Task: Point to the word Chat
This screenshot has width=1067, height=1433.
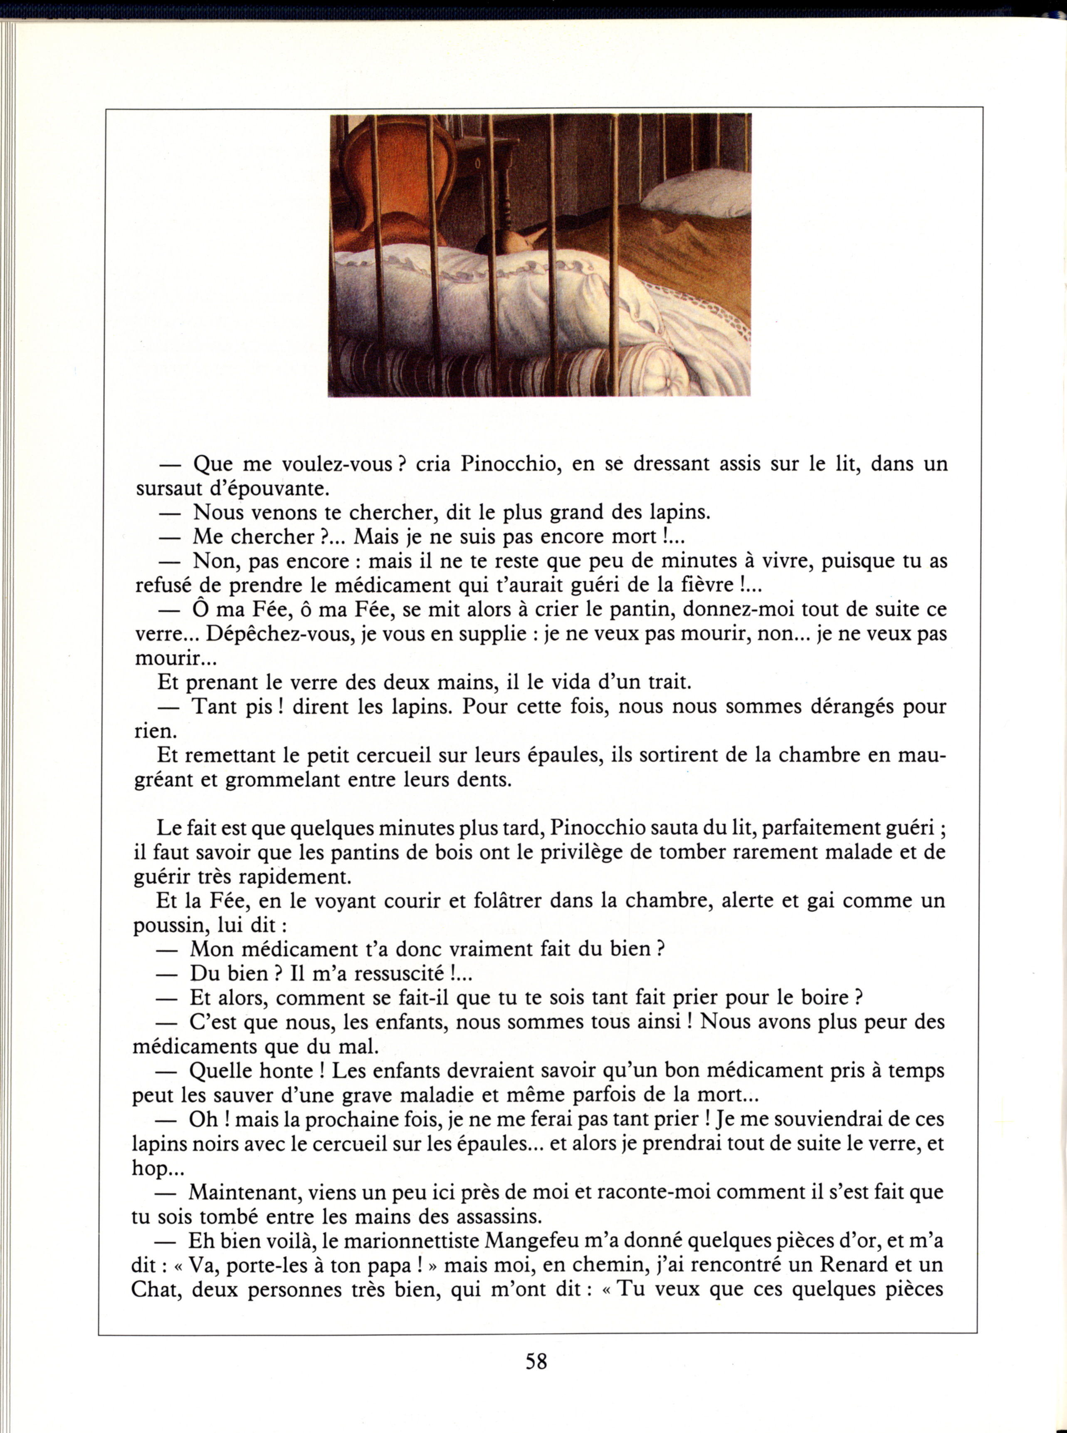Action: (x=156, y=1290)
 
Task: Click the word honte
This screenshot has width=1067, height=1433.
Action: (x=286, y=1071)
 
